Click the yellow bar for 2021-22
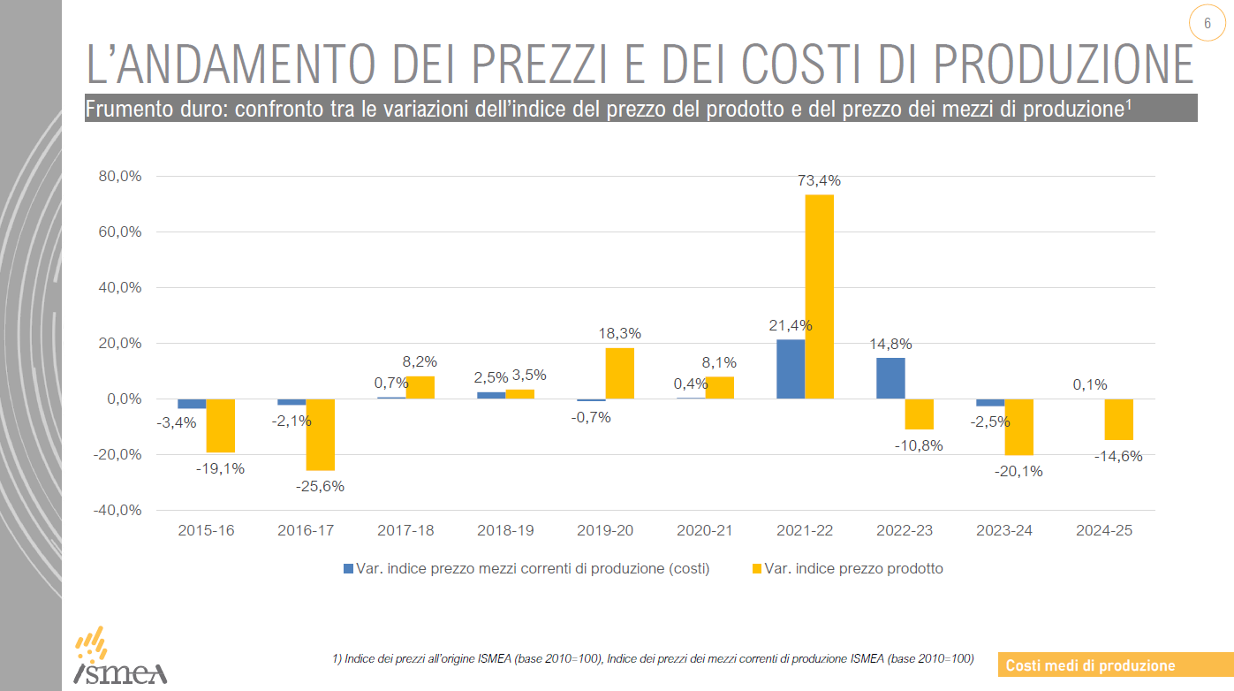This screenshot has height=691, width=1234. click(819, 296)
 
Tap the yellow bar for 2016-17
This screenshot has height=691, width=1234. click(321, 434)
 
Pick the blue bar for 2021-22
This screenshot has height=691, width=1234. click(791, 369)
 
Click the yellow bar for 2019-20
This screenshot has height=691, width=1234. click(619, 373)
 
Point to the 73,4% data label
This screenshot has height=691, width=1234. click(819, 181)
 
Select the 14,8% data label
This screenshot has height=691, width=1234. click(890, 344)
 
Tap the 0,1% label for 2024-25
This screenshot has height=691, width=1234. click(1089, 384)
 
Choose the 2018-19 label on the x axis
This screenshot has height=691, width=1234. click(505, 531)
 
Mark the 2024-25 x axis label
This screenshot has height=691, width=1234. click(1103, 531)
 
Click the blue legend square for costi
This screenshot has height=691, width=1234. click(348, 568)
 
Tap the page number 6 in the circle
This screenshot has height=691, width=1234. click(1207, 24)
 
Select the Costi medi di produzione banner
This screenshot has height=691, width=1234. click(1091, 665)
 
